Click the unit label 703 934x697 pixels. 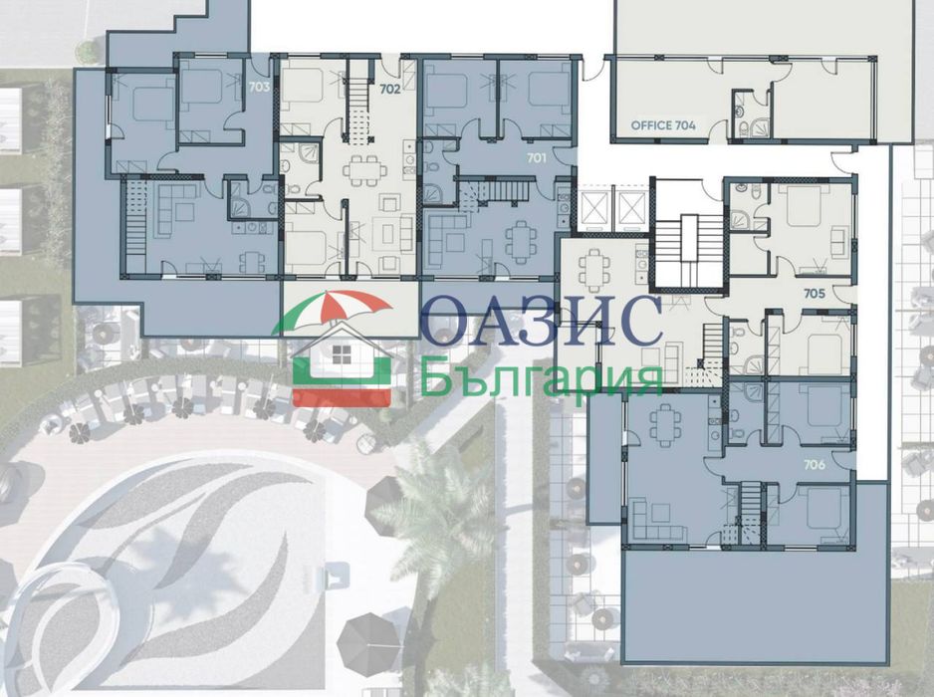click(259, 87)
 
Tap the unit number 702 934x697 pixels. click(389, 90)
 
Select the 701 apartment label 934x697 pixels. click(537, 158)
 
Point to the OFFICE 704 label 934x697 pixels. click(663, 125)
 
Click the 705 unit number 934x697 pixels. click(815, 294)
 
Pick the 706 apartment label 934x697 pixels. click(815, 465)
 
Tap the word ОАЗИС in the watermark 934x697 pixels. click(542, 321)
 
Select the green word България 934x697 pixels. click(542, 376)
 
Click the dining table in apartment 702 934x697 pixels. click(361, 171)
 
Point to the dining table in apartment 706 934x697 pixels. click(664, 425)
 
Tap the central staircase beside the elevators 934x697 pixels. click(689, 250)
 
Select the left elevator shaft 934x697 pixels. click(593, 211)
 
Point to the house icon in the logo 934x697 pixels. click(342, 363)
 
